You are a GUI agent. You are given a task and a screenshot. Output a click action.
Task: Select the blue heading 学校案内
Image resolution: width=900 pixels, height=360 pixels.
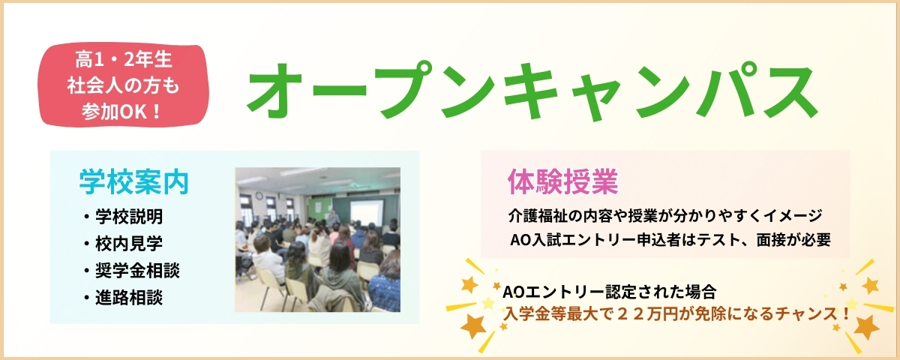click(134, 182)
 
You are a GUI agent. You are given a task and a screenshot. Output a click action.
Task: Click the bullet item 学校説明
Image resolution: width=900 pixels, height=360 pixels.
click(129, 217)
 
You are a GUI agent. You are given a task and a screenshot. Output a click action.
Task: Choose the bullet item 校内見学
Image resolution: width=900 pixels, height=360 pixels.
click(129, 243)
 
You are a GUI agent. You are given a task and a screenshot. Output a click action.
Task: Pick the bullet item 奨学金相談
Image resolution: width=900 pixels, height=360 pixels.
click(137, 271)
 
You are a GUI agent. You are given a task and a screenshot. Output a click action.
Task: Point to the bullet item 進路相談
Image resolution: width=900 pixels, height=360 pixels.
click(129, 297)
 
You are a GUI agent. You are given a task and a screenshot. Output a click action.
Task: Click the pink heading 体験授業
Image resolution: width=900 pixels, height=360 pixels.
click(563, 181)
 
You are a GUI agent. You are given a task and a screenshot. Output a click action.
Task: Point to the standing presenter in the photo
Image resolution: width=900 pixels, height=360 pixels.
click(332, 218)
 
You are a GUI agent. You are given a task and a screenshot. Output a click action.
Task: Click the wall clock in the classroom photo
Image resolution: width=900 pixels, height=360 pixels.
click(259, 196)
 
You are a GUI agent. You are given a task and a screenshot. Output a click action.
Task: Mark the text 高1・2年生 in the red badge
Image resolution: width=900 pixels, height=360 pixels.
click(124, 60)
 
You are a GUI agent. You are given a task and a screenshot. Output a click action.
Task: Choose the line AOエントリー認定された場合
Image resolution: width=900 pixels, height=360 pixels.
click(609, 292)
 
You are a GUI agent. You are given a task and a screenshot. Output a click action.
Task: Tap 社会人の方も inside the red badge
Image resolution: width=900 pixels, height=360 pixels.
click(123, 85)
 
